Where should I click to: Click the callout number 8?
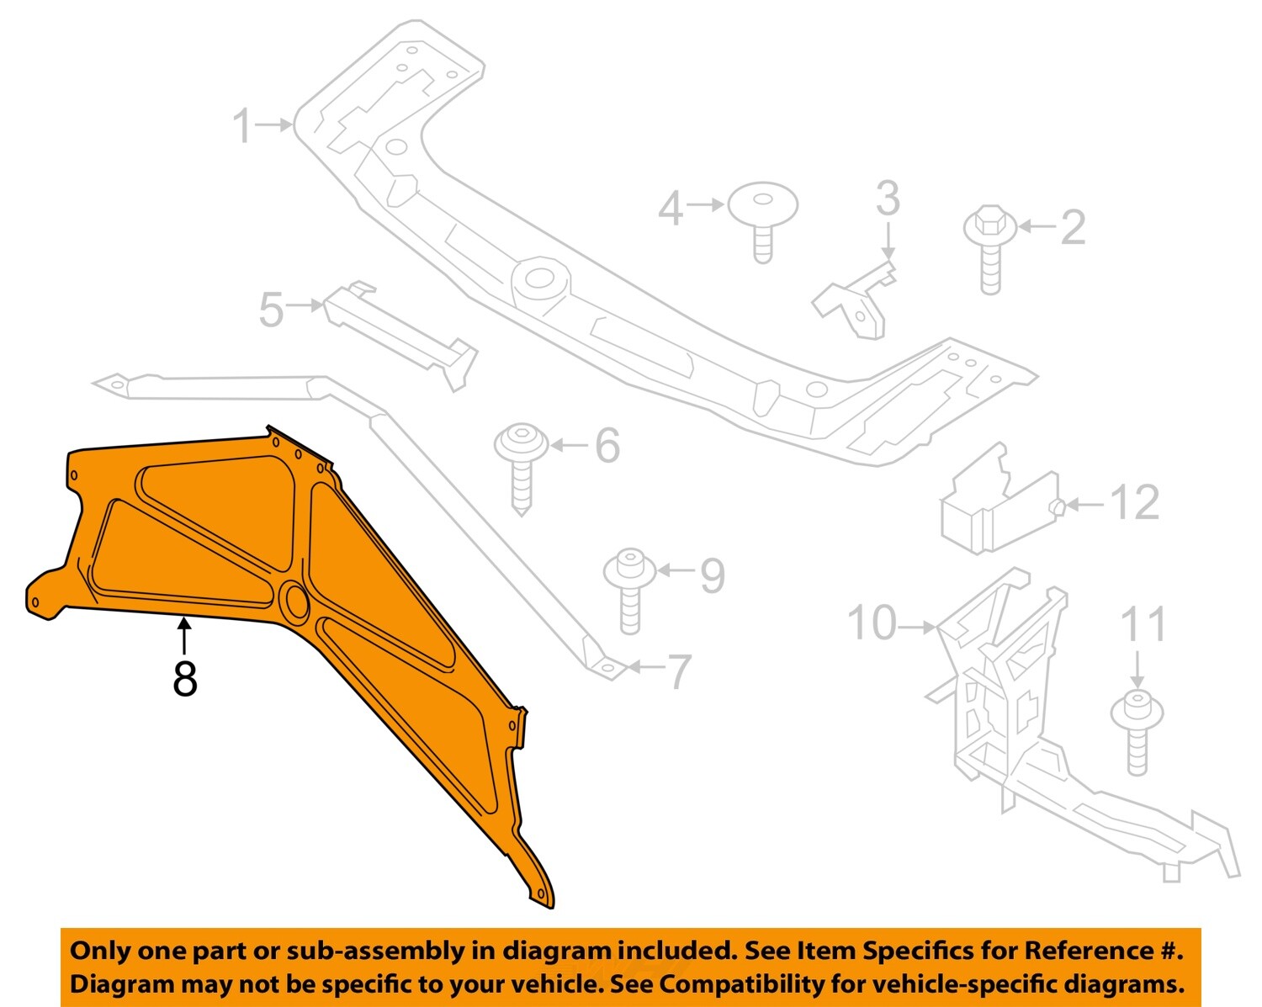[185, 678]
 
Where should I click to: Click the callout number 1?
[241, 126]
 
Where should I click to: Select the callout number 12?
[1135, 503]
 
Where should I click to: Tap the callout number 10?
[872, 623]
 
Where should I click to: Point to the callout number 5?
[271, 310]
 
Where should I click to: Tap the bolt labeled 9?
[629, 589]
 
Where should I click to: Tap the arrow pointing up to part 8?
[184, 633]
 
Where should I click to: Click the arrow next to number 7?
[646, 667]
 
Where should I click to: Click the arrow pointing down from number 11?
[1137, 669]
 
